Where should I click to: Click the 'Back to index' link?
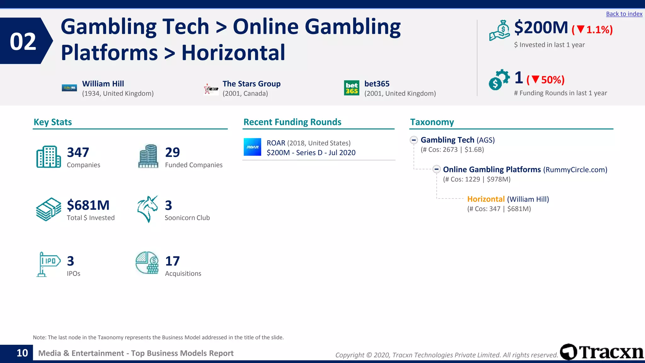[624, 14]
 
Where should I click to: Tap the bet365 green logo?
[351, 88]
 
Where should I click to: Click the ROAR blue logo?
[252, 147]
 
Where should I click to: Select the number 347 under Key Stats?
[78, 153]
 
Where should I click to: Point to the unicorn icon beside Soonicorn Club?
[147, 209]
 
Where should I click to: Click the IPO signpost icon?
[48, 264]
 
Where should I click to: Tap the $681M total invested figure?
[88, 205]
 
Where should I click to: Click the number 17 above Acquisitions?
[172, 261]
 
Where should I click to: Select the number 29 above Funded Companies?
[172, 153]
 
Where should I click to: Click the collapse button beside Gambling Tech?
[414, 140]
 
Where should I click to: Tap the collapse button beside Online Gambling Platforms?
[436, 170]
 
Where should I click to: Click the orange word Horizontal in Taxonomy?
[486, 199]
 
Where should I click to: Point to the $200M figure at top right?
[541, 28]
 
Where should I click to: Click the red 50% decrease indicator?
[545, 80]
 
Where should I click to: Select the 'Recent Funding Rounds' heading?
[292, 122]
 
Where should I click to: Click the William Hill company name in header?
[103, 84]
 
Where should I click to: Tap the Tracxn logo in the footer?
[602, 352]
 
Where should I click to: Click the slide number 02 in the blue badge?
[23, 41]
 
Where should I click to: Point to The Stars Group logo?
[211, 89]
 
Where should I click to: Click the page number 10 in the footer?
[22, 353]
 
